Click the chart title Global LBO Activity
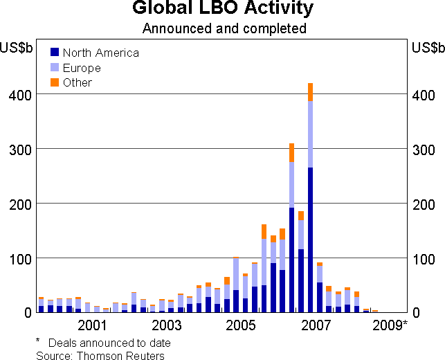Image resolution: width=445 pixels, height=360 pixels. [x=223, y=10]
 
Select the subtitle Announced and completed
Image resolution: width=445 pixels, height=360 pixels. [x=224, y=28]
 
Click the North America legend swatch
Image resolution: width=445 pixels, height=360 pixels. [x=54, y=52]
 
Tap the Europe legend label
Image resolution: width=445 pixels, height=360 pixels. [x=82, y=68]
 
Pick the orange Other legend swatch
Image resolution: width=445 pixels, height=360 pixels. [x=54, y=82]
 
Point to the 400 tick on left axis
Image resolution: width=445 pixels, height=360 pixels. [x=19, y=95]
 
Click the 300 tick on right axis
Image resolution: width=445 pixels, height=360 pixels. [x=424, y=150]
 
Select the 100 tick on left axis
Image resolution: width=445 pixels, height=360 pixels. [x=19, y=258]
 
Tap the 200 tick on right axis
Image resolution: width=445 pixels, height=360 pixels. [x=424, y=204]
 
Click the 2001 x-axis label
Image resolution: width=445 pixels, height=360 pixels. [x=91, y=325]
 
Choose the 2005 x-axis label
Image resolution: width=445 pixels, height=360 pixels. [x=241, y=325]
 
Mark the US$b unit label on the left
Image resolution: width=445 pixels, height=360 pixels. [x=17, y=48]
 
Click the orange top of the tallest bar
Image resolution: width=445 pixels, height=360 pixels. [x=310, y=91]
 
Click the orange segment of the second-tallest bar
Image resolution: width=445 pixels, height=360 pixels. [x=292, y=152]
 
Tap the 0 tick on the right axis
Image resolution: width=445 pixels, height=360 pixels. [x=416, y=313]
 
